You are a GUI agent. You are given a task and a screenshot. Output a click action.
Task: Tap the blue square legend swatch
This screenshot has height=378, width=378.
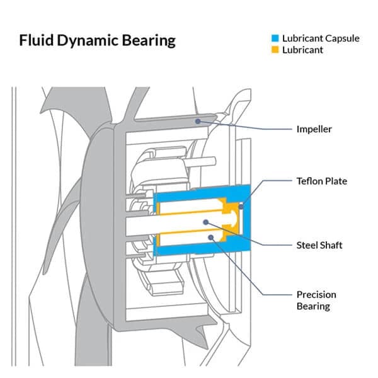tap(266, 39)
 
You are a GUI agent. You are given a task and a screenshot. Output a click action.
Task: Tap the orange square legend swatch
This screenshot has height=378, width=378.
tap(266, 50)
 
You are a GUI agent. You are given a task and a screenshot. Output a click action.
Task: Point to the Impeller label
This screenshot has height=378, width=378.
tap(314, 130)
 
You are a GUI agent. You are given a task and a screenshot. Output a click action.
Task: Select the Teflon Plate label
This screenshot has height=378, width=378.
tap(322, 181)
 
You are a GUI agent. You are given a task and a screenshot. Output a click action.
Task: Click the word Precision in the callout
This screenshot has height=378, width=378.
tap(316, 295)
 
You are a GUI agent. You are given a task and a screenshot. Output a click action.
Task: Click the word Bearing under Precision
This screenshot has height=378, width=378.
tap(313, 307)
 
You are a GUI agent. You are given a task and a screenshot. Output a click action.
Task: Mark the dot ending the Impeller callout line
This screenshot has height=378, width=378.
tap(198, 121)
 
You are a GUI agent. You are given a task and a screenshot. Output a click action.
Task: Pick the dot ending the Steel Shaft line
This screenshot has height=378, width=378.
tap(207, 222)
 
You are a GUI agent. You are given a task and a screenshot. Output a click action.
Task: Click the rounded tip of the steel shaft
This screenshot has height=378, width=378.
tap(235, 217)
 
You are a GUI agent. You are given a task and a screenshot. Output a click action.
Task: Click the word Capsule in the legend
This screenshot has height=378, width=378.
tap(341, 38)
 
